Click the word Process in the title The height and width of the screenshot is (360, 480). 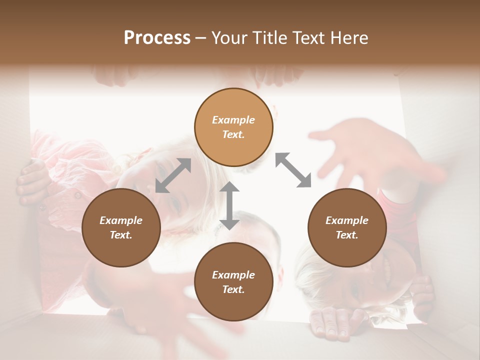point(157,37)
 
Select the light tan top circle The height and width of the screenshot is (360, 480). point(233,127)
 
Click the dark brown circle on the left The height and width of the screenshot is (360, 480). point(121,227)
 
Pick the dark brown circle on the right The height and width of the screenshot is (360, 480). point(347,227)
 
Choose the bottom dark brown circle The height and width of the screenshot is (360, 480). point(233,282)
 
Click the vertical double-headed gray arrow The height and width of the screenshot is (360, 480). point(229,205)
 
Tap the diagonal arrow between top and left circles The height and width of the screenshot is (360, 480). point(173,175)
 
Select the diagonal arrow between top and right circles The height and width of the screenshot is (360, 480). point(293,170)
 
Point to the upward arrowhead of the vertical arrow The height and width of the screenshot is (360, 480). point(229,187)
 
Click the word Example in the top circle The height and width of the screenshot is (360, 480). point(233,120)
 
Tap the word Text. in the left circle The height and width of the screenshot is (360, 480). point(121,235)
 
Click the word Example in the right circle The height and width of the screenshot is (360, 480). point(347,220)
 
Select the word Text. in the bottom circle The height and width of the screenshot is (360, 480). point(233,289)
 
